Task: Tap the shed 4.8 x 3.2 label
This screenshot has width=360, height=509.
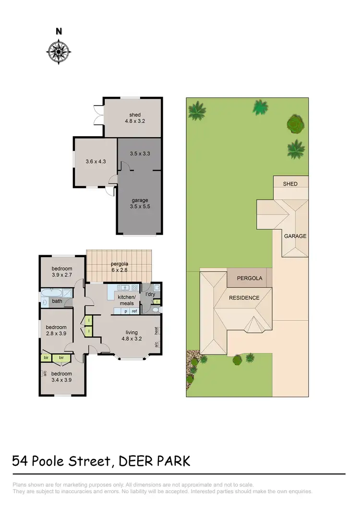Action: (134, 118)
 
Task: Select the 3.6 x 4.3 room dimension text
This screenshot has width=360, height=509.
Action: (95, 162)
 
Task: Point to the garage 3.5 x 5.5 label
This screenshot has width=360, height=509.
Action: (140, 203)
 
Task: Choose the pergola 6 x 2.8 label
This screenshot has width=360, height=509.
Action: (119, 267)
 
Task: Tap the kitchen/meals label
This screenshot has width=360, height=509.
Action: (127, 300)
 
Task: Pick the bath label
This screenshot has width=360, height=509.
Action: (57, 301)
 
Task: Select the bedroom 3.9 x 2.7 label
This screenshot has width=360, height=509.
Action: (62, 272)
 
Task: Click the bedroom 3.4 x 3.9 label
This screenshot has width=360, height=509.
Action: (61, 377)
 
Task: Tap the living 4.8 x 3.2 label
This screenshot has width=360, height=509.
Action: (132, 335)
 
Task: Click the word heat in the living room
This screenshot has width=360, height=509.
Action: (156, 330)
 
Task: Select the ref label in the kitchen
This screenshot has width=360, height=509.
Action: (134, 311)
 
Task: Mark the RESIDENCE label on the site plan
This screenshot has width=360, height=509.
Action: (244, 298)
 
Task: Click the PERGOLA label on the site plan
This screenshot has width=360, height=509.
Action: (249, 278)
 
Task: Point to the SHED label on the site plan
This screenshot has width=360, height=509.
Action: (290, 184)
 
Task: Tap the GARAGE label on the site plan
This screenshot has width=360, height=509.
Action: (295, 236)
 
